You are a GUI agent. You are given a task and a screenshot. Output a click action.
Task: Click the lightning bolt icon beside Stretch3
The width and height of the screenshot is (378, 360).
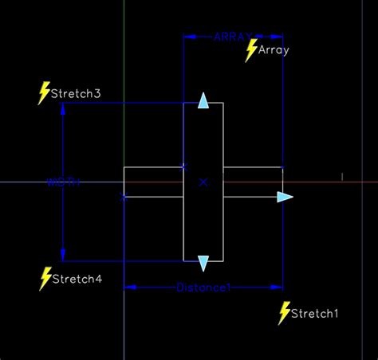[45, 92]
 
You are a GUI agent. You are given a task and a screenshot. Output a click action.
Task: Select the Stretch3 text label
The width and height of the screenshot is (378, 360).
[76, 94]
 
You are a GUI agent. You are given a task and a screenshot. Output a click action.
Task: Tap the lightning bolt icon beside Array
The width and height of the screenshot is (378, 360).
[252, 50]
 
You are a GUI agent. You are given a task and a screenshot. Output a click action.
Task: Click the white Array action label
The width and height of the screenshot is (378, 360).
[274, 50]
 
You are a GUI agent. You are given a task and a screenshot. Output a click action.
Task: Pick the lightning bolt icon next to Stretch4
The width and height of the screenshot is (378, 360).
[45, 278]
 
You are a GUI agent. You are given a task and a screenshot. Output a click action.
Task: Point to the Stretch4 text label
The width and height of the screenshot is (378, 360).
[77, 280]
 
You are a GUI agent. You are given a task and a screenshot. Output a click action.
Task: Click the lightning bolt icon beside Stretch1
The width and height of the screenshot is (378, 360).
[284, 313]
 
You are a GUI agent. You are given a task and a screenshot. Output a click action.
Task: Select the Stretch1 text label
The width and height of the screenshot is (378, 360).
[315, 314]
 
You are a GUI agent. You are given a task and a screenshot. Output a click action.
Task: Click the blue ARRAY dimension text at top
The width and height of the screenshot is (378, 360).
[233, 36]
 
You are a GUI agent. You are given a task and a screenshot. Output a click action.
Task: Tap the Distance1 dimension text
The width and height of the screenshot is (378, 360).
[203, 287]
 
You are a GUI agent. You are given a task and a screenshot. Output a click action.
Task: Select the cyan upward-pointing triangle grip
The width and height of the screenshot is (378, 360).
[203, 101]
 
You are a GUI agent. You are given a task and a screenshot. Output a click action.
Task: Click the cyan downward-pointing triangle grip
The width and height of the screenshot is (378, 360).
[203, 263]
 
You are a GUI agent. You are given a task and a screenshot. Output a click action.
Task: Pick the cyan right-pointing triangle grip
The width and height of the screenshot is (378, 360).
[285, 197]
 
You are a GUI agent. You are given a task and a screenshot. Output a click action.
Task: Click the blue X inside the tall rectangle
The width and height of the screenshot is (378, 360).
[203, 182]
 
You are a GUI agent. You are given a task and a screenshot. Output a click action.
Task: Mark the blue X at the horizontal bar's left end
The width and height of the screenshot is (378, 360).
[123, 197]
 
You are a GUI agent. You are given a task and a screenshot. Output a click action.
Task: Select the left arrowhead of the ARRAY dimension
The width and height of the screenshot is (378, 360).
[188, 36]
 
